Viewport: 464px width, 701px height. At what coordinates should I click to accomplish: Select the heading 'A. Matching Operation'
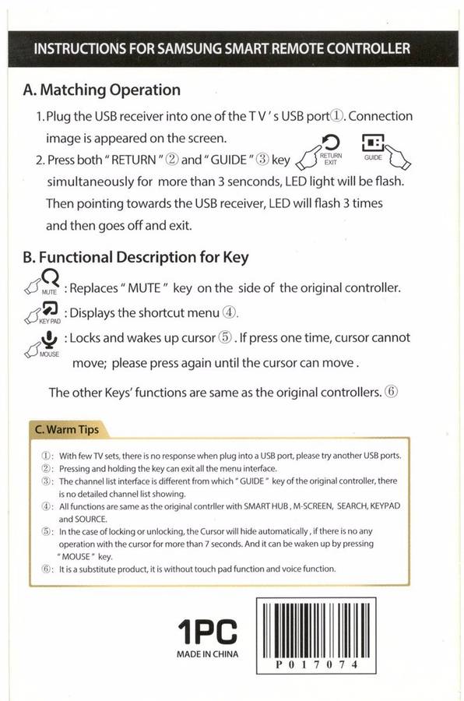(x=101, y=90)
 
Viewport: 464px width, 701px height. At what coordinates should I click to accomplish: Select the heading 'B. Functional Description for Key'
(x=136, y=258)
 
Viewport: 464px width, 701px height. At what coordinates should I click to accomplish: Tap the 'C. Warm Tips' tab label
(x=67, y=430)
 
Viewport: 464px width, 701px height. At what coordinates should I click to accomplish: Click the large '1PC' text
(x=207, y=631)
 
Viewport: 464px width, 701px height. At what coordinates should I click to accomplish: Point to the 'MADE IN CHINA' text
(x=207, y=654)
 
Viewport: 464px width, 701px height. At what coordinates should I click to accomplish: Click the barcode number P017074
(x=316, y=664)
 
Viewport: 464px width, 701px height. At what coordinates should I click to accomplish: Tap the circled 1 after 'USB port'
(x=337, y=116)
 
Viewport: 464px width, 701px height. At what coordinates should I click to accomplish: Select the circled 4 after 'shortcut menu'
(x=229, y=312)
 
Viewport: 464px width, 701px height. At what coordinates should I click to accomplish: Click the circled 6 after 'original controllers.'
(x=391, y=392)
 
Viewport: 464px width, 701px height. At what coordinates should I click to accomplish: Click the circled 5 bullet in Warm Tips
(x=46, y=531)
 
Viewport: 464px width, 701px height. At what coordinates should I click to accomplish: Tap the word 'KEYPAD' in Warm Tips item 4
(x=385, y=506)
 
